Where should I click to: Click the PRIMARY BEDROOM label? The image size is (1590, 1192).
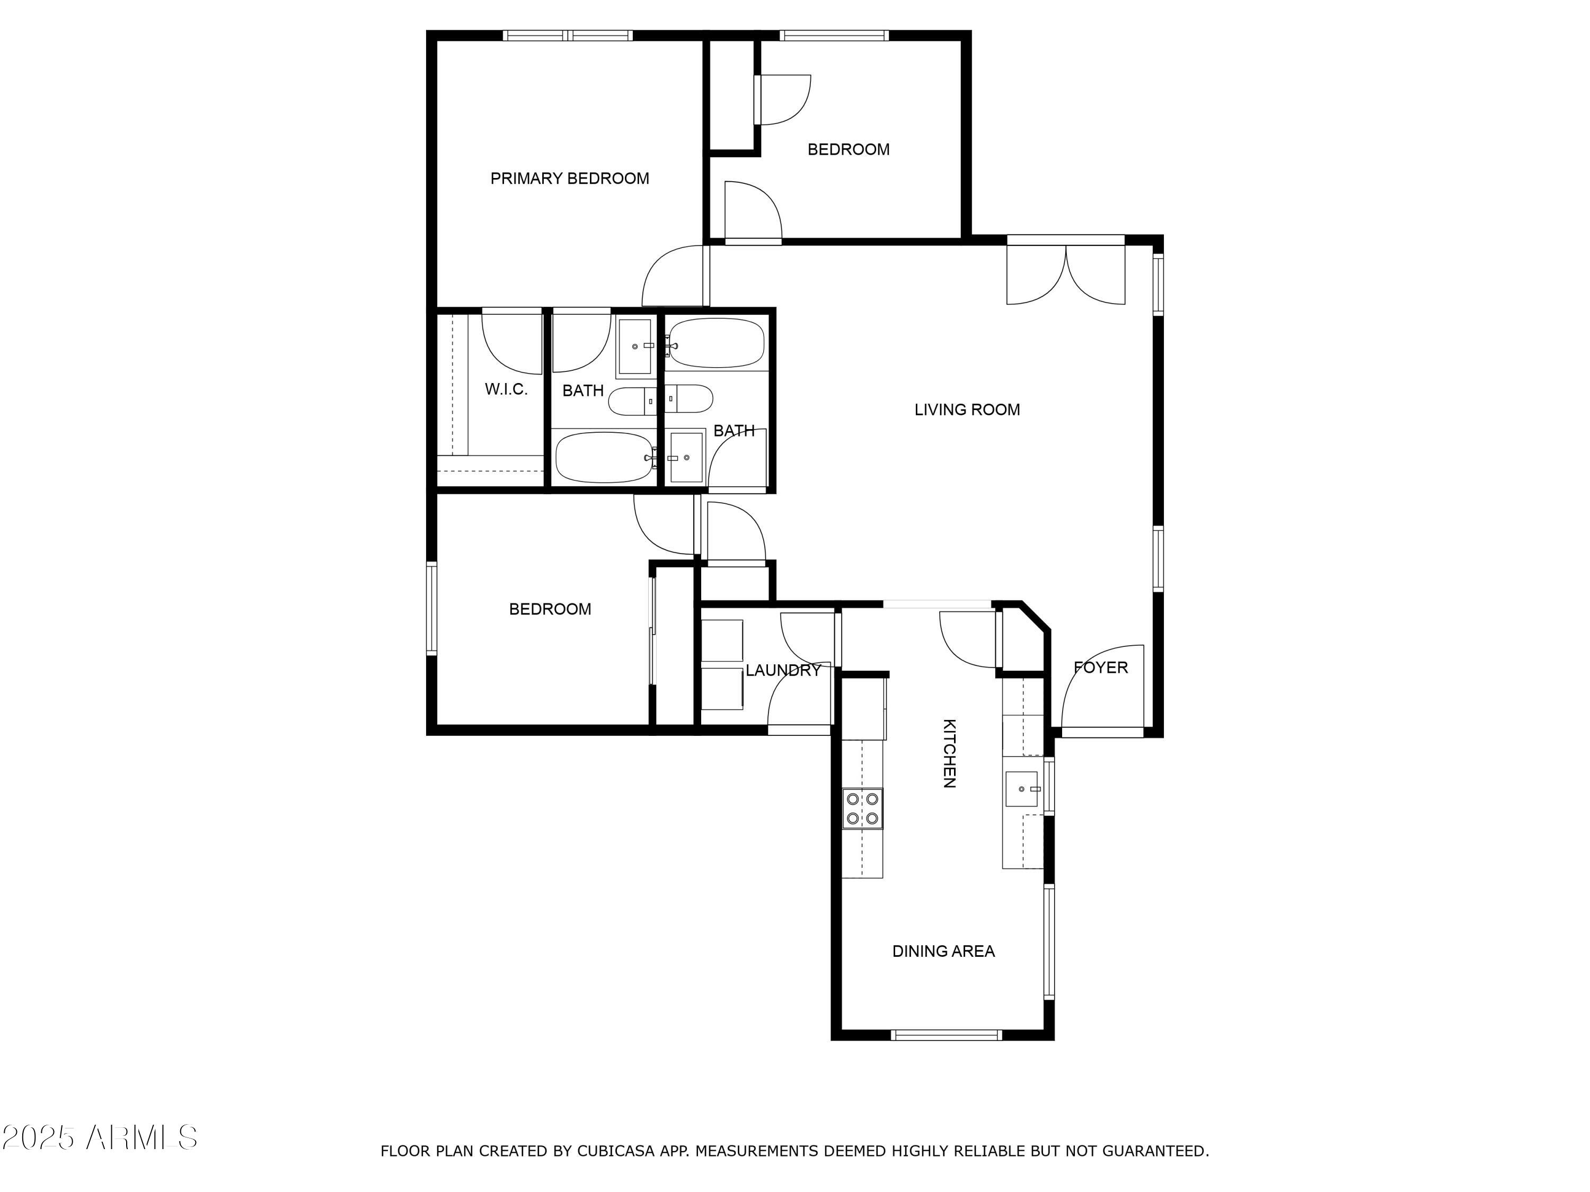[x=569, y=178]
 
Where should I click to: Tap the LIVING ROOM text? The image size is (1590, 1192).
[x=967, y=410]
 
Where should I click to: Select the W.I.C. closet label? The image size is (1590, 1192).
[x=506, y=389]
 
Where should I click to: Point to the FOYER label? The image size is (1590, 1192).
[x=1100, y=668]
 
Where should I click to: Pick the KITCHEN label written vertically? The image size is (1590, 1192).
[x=949, y=753]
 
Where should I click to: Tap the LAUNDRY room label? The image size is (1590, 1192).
[x=783, y=670]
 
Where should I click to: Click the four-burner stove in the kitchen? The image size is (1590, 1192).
[x=862, y=808]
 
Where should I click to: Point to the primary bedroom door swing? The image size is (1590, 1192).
[x=672, y=277]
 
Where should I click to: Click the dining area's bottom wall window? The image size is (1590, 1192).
[x=946, y=1035]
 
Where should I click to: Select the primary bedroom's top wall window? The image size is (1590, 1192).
[x=567, y=35]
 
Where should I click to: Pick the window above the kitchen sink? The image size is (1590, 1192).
[x=1049, y=787]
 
